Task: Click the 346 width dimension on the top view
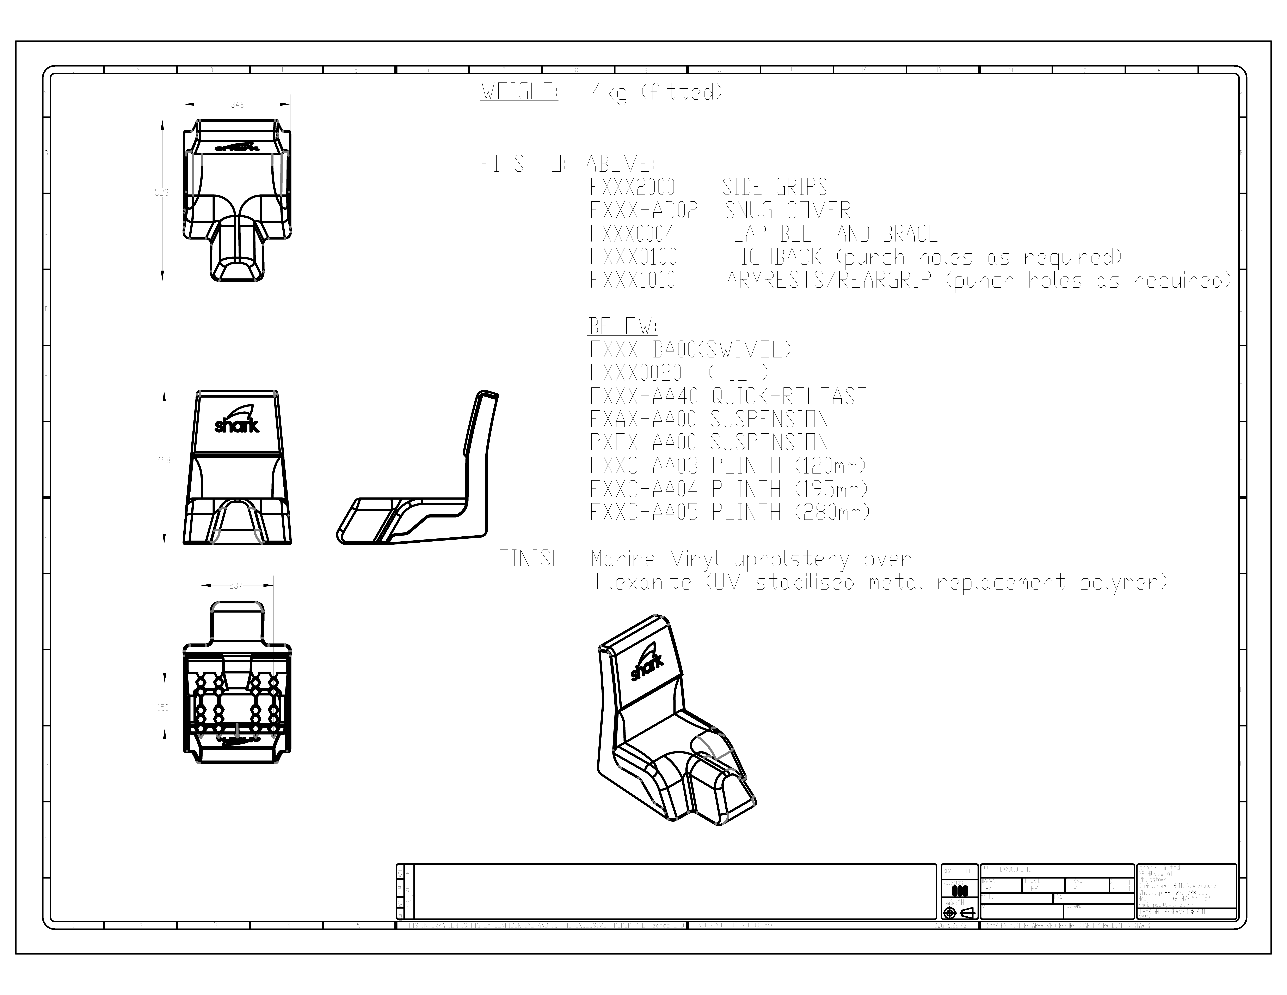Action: [237, 104]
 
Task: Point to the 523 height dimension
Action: [161, 192]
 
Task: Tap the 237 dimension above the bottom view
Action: [236, 585]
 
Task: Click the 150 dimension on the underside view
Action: [163, 707]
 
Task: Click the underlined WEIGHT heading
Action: [519, 92]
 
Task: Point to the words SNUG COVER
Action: [787, 210]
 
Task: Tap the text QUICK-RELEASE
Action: [788, 396]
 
